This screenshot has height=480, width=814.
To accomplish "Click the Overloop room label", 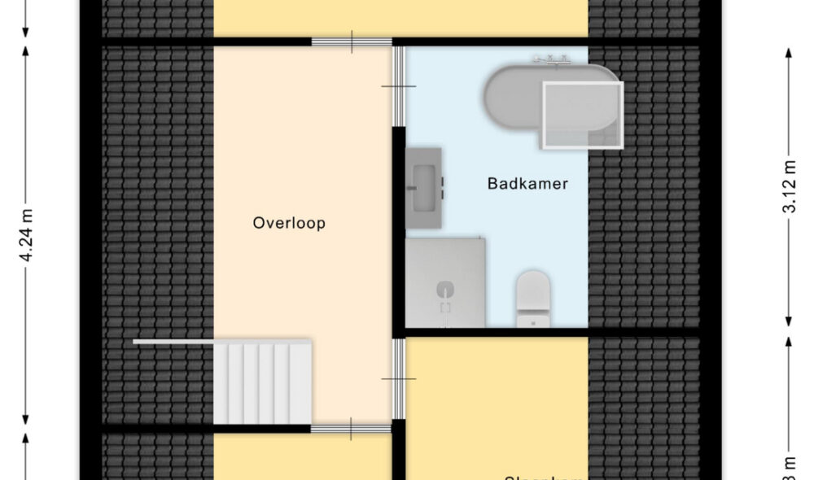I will [x=289, y=223].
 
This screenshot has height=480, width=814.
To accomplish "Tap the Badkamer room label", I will [x=527, y=184].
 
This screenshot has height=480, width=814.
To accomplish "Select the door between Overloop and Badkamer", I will [x=398, y=86].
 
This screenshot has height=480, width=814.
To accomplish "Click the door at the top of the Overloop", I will [x=352, y=41].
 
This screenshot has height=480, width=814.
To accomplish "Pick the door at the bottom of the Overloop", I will [x=352, y=429].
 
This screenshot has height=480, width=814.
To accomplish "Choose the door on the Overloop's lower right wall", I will [x=398, y=379].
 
